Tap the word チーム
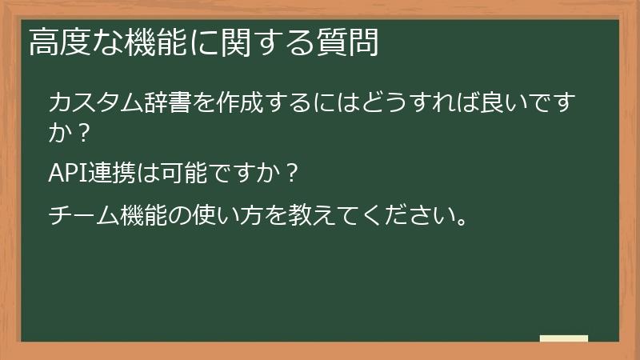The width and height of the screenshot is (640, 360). (x=83, y=217)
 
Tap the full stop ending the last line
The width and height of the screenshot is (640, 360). (x=457, y=223)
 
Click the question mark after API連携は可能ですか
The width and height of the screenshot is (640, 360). (x=292, y=173)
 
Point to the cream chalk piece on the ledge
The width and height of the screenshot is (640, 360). (x=564, y=338)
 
